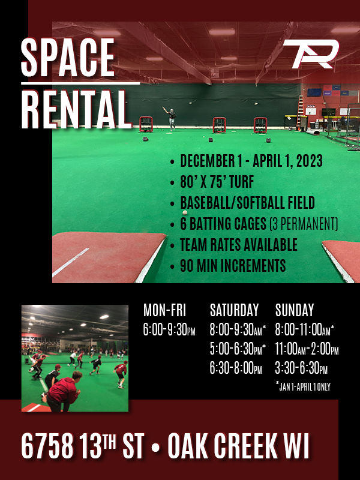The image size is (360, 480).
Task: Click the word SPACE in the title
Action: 67,58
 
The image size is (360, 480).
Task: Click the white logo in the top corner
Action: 310,54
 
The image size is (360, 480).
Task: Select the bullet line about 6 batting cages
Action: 259,224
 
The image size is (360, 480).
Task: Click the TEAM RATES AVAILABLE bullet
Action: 238,245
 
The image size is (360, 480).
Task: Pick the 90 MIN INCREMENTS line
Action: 233,265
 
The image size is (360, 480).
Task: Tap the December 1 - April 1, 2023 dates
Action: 251,161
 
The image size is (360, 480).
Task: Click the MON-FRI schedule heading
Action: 164,310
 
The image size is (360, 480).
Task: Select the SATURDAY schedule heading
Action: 234,310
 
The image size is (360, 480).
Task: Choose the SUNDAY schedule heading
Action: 294,310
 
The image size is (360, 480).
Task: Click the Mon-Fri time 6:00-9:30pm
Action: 169,329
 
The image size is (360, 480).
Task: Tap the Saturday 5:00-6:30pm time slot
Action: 238,349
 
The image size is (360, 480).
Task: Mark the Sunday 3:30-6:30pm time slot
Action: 301,369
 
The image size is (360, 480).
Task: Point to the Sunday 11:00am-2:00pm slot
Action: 307,349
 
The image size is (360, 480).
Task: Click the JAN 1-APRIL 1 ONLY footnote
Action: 304,387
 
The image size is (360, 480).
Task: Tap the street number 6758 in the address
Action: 47,446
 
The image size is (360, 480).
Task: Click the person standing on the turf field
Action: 172,118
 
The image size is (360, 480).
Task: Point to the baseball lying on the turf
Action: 185,212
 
